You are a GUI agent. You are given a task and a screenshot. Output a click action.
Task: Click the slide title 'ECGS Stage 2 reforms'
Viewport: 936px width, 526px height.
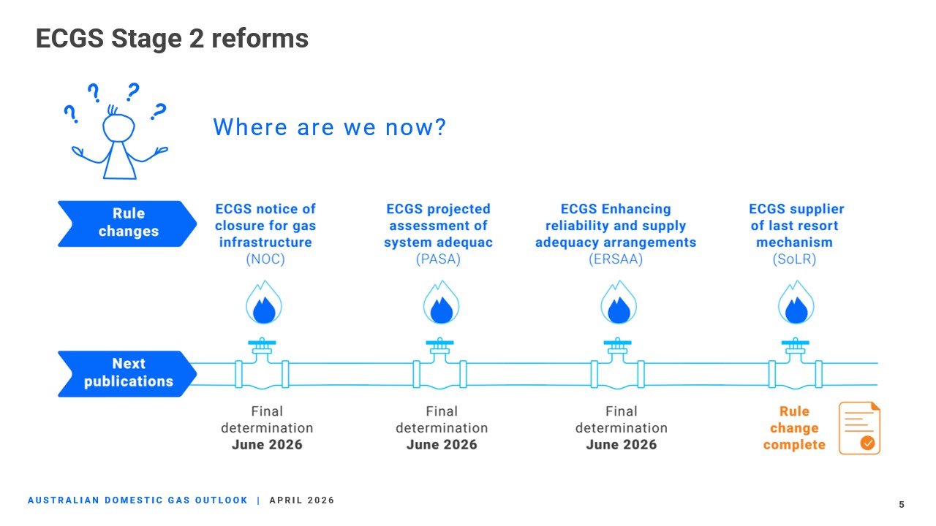[172, 39]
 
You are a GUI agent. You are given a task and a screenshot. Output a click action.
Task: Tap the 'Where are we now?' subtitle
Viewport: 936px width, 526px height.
[330, 127]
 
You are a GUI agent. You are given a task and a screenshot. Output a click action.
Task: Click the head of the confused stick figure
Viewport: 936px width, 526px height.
[118, 127]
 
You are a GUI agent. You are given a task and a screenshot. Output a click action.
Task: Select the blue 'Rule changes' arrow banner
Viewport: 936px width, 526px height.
[127, 224]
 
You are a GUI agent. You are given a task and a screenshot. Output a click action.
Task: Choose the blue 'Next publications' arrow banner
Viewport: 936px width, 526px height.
[127, 373]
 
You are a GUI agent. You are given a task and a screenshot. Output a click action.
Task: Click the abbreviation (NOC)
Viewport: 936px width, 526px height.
[265, 259]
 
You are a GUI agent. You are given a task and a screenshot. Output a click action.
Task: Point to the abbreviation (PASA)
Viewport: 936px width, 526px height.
[438, 259]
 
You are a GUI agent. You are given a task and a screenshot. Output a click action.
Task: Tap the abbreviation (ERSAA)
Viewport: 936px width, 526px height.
[616, 259]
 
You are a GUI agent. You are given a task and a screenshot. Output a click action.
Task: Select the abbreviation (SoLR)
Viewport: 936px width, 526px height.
[794, 259]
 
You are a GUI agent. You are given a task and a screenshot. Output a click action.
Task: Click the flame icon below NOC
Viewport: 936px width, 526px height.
[264, 302]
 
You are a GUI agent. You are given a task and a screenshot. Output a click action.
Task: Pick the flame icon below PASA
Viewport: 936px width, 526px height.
[441, 302]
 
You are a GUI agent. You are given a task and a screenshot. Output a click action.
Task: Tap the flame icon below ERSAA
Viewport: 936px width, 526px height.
[619, 302]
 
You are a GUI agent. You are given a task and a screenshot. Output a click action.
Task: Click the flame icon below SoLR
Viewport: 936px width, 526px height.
[796, 302]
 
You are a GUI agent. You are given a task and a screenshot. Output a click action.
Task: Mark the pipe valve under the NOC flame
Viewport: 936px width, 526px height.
[262, 363]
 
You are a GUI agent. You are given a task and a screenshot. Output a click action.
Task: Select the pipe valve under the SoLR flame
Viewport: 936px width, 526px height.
[796, 363]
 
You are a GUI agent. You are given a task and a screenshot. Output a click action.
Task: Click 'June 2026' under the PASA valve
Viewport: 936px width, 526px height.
[442, 445]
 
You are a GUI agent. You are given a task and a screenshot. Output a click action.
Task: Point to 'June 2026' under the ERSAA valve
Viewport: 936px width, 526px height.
[622, 445]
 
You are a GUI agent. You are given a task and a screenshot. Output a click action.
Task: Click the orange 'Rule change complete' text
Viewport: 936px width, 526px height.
[794, 428]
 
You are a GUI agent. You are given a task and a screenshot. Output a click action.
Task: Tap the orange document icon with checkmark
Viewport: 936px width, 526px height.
[859, 428]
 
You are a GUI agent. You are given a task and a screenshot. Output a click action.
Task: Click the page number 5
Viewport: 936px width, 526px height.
[902, 505]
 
